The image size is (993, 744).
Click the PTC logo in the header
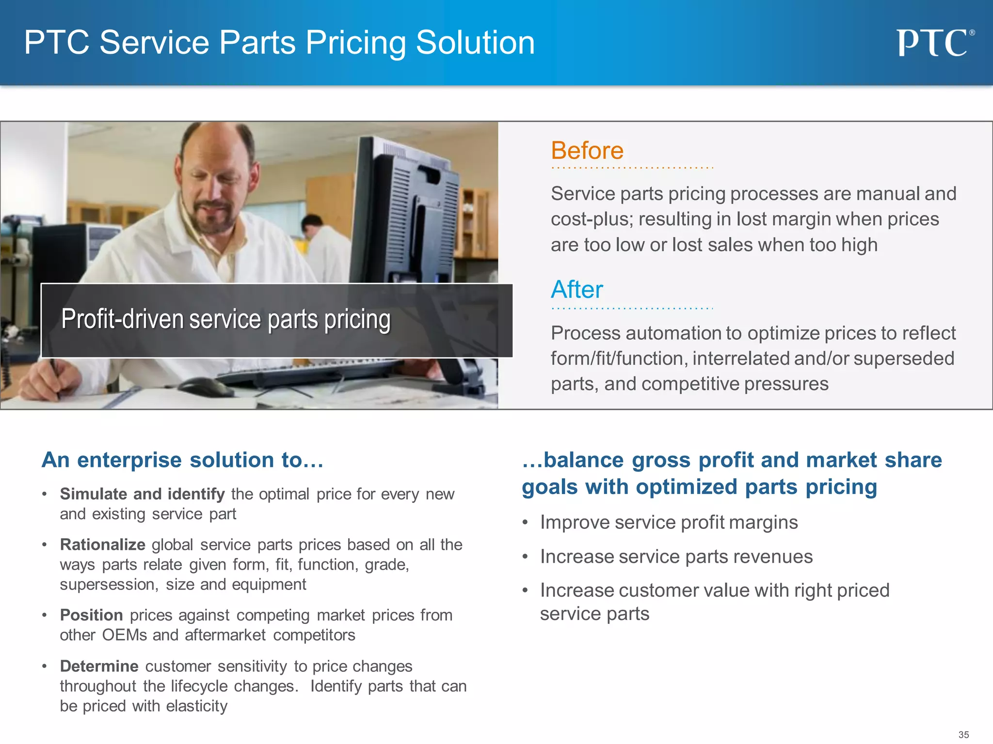click(934, 43)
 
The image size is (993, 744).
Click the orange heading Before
click(587, 151)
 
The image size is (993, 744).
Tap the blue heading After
click(577, 290)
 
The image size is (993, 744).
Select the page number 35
click(963, 735)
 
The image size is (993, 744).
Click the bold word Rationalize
click(102, 545)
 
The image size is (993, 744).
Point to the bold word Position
click(91, 615)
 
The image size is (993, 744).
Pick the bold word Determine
click(99, 666)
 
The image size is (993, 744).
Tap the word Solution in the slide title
click(475, 43)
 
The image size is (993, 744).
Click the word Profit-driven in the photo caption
click(122, 320)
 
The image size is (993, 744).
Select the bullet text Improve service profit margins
click(669, 523)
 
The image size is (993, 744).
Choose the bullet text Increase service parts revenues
click(676, 557)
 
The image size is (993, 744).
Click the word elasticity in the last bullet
click(196, 706)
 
